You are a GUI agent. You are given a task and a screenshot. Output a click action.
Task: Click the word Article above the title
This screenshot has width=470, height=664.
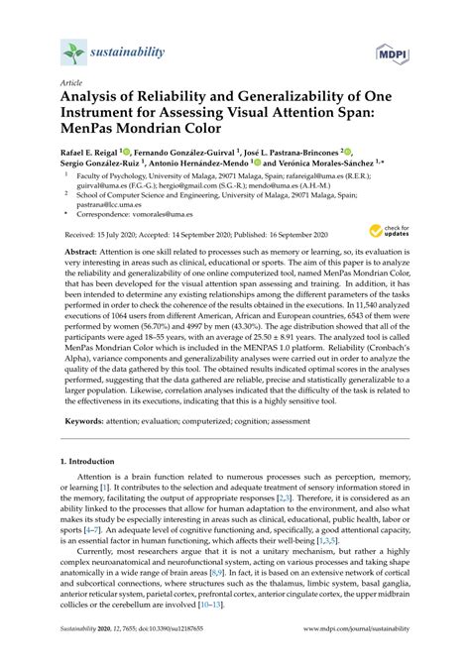click(x=72, y=84)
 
